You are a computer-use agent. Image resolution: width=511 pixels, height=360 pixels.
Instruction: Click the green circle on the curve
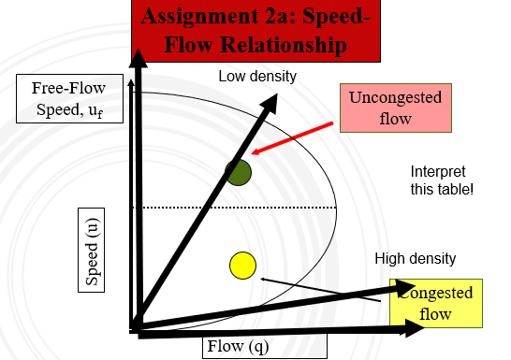239,172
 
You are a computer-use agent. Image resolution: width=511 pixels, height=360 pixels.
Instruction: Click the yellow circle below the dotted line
242,266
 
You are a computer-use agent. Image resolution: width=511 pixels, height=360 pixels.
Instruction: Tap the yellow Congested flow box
436,304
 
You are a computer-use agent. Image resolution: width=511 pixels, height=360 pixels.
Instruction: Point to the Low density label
257,76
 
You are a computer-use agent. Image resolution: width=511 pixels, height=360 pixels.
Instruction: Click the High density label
416,258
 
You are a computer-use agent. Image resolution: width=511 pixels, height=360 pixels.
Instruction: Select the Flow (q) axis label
240,348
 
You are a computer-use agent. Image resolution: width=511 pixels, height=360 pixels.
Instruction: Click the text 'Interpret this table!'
438,180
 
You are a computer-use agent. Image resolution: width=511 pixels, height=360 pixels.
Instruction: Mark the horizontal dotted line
234,208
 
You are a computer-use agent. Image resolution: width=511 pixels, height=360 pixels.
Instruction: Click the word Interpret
438,171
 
